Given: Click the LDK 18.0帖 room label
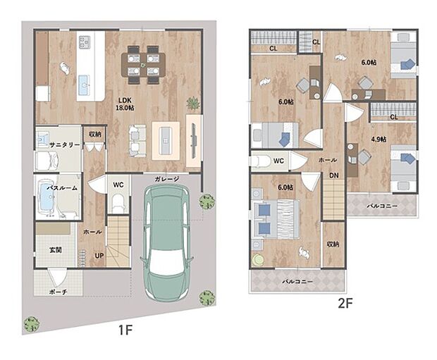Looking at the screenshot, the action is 125,104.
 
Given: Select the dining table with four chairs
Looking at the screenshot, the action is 143,65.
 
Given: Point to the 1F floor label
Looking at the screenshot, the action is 125,330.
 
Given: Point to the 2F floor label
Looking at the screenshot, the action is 345,304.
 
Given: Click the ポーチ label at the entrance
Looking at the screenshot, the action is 58,292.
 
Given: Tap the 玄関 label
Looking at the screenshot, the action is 56,250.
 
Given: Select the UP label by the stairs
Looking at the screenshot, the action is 99,255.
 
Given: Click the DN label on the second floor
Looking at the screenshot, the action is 333,175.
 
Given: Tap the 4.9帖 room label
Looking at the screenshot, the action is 378,139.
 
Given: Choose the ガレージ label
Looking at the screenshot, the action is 166,179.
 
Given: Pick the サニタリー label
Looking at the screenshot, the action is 64,144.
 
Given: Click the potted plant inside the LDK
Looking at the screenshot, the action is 193,103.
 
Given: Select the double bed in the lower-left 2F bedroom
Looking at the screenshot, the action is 276,219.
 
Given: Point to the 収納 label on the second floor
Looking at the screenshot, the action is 333,244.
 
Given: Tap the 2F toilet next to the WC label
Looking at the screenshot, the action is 261,161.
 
